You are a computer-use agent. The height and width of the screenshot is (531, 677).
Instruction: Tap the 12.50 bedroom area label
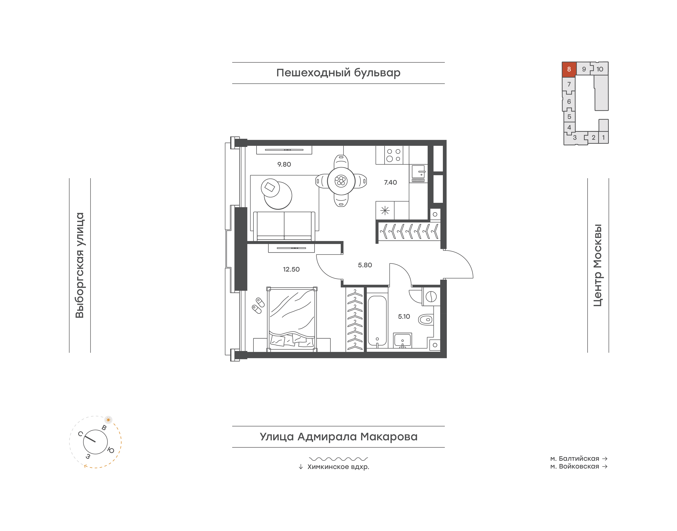pos(291,269)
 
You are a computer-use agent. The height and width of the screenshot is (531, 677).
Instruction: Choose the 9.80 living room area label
pos(284,164)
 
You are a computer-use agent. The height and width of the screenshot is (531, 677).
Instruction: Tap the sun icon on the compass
pos(108,420)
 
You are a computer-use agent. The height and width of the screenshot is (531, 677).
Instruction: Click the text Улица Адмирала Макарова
pos(338,437)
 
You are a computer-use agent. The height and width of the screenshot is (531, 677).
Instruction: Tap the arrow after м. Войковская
pos(605,466)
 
